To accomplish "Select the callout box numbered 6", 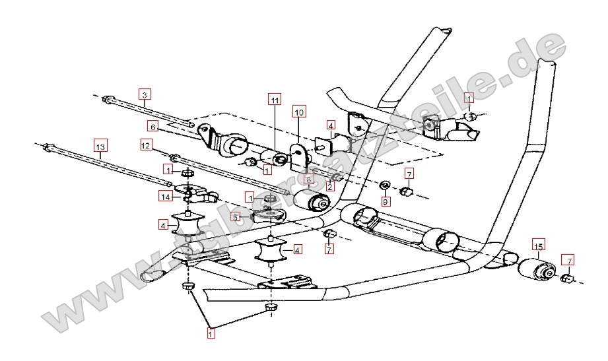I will (x=152, y=127).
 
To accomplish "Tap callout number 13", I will (x=100, y=145).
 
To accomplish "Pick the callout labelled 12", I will (x=146, y=144).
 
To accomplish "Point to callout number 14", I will (x=166, y=196).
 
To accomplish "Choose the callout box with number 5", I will (x=236, y=216).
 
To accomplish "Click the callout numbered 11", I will (x=275, y=100).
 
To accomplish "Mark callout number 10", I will (x=298, y=113).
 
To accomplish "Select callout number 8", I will (x=308, y=179).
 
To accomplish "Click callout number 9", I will (x=385, y=202).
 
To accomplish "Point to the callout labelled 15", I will (x=538, y=246).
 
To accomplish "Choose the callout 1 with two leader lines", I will (x=211, y=335).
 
